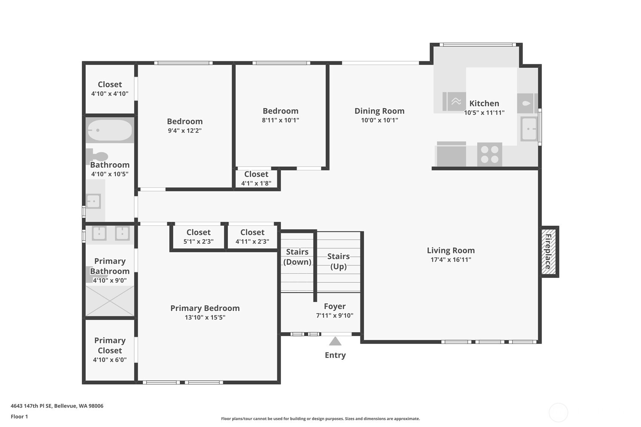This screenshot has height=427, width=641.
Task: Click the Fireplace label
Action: pos(548,252)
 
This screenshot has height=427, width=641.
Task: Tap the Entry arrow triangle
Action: pos(335,341)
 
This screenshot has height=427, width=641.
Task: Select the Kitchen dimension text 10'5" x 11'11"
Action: pos(484,113)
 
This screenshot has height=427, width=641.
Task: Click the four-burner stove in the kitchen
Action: pos(490,154)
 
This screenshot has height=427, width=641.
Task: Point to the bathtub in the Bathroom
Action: pos(110,130)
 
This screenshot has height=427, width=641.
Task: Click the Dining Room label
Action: pos(380,111)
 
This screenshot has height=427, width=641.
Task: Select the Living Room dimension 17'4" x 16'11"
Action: pos(451,260)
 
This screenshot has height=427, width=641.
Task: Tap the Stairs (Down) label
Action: pos(297,257)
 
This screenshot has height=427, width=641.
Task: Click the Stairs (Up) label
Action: pos(338,261)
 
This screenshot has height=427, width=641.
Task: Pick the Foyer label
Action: pos(335,306)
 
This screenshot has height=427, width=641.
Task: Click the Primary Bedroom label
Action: pos(205,308)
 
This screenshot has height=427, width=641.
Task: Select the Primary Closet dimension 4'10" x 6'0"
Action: pos(110,360)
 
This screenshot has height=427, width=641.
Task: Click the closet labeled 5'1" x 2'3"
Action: pos(198,236)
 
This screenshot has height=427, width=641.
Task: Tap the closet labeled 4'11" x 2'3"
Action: pos(252,236)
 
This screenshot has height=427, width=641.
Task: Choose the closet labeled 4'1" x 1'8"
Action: pos(256,179)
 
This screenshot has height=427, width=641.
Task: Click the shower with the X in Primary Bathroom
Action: pos(110,301)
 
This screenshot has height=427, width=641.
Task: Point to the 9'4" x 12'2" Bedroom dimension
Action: pos(185,131)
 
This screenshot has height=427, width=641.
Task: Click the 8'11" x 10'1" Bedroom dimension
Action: pos(280,120)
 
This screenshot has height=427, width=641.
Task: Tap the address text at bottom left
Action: pos(57,406)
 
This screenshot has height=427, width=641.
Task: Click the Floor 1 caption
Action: pos(20,416)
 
